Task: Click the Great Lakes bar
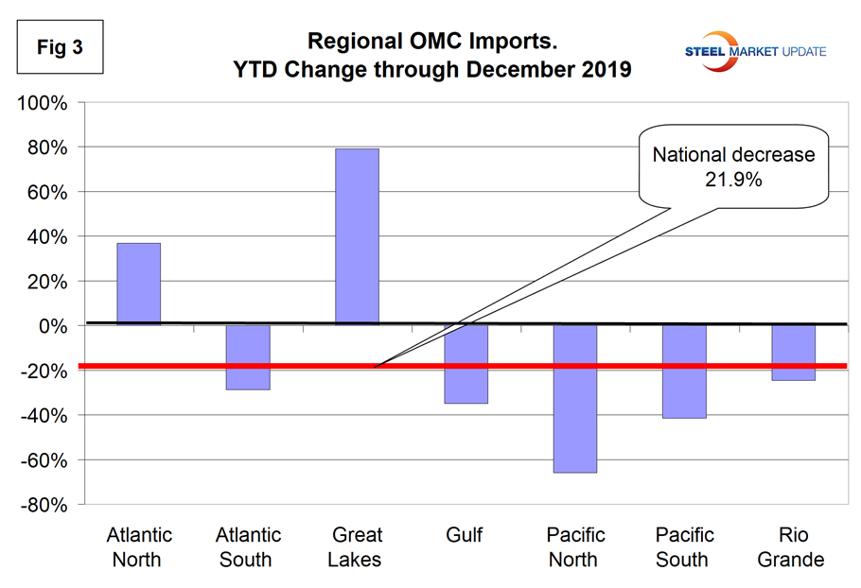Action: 357,236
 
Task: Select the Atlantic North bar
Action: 138,284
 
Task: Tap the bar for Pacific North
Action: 575,398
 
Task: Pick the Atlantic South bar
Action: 247,357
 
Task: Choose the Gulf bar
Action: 466,364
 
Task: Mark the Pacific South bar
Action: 684,372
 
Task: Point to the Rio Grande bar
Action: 793,353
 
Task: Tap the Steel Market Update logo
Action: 758,49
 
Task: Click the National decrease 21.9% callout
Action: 733,166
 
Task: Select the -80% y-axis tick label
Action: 43,505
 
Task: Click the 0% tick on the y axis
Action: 53,326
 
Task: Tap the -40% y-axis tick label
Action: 43,416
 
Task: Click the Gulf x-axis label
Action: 465,536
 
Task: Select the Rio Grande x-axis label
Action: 793,547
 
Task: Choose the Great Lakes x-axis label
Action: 356,547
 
